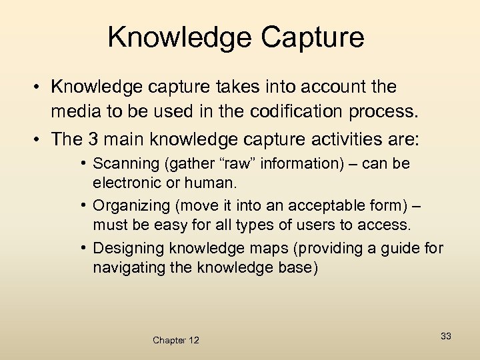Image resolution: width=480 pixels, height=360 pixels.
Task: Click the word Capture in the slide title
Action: point(313,37)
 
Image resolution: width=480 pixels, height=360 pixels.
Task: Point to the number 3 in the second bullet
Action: point(93,139)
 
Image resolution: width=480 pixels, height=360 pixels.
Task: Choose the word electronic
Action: point(125,182)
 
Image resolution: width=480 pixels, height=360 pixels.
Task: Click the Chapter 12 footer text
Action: point(176,340)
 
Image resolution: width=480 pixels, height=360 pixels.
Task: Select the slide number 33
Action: point(445,336)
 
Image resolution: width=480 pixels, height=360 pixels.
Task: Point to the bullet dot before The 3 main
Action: point(41,139)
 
